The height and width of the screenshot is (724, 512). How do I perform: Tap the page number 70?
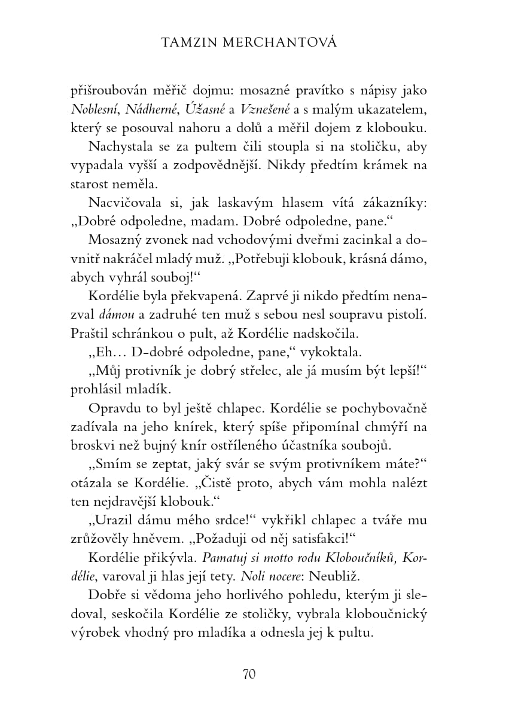click(249, 674)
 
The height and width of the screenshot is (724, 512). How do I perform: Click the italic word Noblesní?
click(93, 109)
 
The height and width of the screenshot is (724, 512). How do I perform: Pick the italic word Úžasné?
click(205, 109)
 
